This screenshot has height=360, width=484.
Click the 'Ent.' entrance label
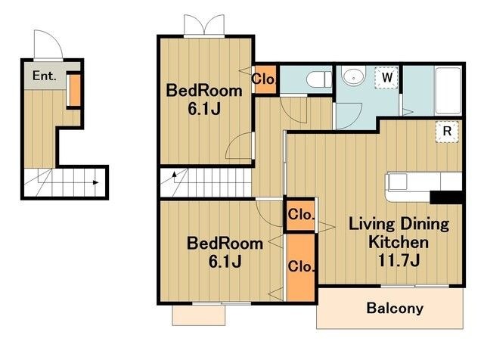pyautogui.click(x=45, y=76)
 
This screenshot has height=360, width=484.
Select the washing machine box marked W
pyautogui.click(x=386, y=77)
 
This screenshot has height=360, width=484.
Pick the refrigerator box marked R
pyautogui.click(x=447, y=132)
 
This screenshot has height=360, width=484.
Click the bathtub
pyautogui.click(x=448, y=91)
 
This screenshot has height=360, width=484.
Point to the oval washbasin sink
pyautogui.click(x=353, y=76)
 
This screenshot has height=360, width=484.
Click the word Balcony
pyautogui.click(x=395, y=308)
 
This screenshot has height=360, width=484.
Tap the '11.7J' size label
pyautogui.click(x=399, y=260)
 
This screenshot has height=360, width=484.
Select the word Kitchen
pyautogui.click(x=399, y=242)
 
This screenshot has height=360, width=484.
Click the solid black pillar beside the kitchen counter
pyautogui.click(x=446, y=197)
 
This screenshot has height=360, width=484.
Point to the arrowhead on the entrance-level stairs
pyautogui.click(x=96, y=182)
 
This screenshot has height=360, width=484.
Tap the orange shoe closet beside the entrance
pyautogui.click(x=74, y=90)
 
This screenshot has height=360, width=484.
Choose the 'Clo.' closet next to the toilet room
pyautogui.click(x=265, y=79)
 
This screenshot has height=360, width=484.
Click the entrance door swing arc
pyautogui.click(x=48, y=44)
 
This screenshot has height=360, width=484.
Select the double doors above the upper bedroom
pyautogui.click(x=204, y=25)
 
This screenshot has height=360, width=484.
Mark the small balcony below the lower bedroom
pyautogui.click(x=199, y=315)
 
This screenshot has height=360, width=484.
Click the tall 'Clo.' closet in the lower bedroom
pyautogui.click(x=301, y=266)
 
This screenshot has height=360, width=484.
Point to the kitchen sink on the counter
pyautogui.click(x=397, y=182)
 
